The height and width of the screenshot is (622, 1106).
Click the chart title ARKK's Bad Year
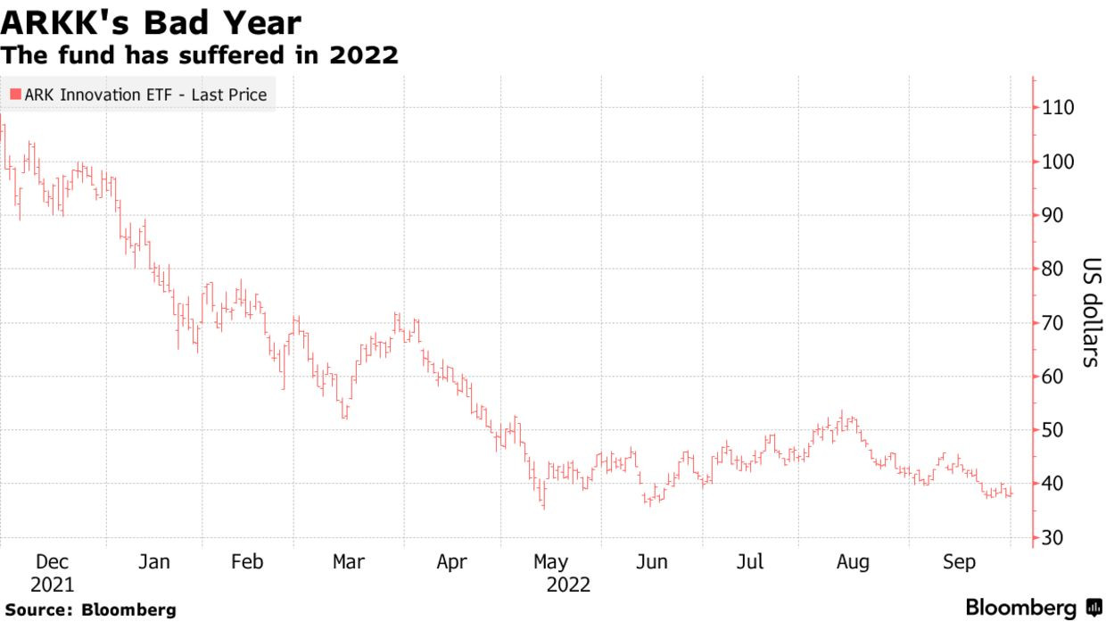click(151, 22)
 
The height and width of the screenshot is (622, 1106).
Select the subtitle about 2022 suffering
click(199, 55)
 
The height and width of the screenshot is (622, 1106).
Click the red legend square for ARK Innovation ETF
click(15, 94)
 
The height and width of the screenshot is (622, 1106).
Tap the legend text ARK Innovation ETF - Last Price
click(145, 94)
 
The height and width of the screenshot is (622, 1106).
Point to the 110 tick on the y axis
click(1057, 108)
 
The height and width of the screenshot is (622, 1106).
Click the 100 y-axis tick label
click(1057, 162)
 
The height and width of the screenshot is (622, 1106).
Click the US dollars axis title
click(1090, 312)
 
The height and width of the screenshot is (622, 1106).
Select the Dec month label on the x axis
click(52, 562)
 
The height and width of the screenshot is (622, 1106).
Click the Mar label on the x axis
click(348, 562)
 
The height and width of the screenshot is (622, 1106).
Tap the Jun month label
click(652, 562)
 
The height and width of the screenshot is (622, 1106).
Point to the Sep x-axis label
click(959, 562)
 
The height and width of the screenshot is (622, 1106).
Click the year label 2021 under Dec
click(52, 585)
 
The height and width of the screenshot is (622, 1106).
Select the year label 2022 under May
click(568, 585)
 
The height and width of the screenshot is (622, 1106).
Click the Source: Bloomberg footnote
click(90, 610)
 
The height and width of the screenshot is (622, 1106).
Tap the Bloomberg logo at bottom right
click(1034, 608)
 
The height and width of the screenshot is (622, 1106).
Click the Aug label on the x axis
click(853, 562)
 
